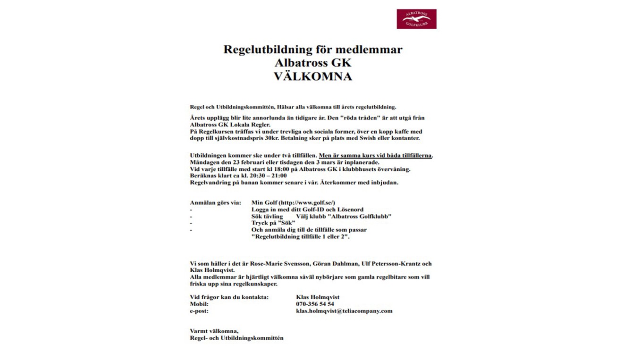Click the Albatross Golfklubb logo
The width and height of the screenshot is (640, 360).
pos(416,19)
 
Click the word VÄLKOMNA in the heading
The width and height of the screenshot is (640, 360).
pos(312,76)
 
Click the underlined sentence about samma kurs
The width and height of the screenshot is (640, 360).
pos(376,155)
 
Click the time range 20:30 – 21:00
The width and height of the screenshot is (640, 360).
pos(268,176)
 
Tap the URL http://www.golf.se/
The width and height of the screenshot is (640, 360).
pos(307,202)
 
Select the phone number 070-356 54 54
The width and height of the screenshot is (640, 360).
pos(315,304)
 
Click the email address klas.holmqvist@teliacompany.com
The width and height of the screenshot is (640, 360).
pos(344,311)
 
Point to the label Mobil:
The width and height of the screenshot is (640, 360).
pos(199,304)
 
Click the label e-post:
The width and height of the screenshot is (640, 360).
pos(199,311)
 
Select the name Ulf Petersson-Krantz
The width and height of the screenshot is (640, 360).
pos(390,263)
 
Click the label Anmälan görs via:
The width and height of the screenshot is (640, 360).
pos(215,202)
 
